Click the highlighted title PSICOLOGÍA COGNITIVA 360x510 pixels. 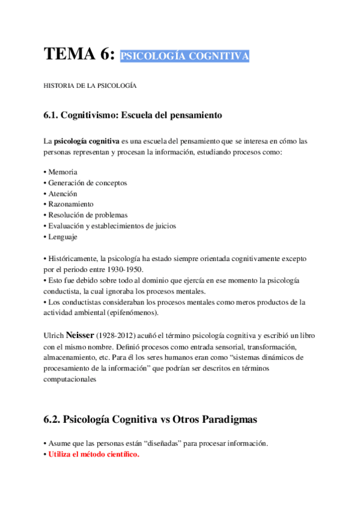point(185,57)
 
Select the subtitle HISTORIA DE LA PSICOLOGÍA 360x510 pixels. point(90,86)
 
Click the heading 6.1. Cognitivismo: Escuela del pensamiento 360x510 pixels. point(133,114)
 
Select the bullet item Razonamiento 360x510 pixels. point(69,204)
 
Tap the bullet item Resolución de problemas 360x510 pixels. point(85,215)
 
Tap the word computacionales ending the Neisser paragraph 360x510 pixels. point(70,379)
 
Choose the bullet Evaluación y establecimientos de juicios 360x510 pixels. point(110,226)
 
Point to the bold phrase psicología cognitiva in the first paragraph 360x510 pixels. point(87,141)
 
